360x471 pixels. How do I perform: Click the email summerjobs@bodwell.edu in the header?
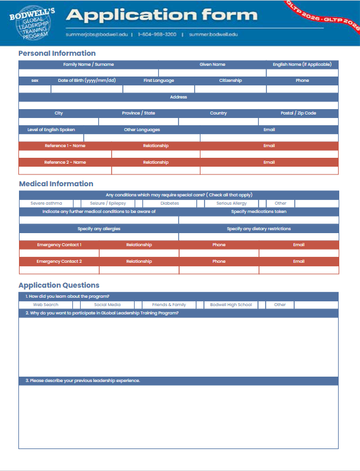pyautogui.click(x=96, y=34)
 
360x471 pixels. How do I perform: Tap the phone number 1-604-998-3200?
pyautogui.click(x=157, y=34)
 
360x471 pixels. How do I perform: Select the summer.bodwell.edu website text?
pyautogui.click(x=214, y=34)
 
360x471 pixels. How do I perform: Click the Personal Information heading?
pyautogui.click(x=57, y=53)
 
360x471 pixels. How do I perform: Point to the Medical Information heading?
pyautogui.click(x=56, y=184)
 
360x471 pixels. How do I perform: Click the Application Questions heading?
pyautogui.click(x=59, y=285)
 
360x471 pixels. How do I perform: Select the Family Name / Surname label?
pyautogui.click(x=88, y=64)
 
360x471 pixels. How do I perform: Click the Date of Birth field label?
pyautogui.click(x=87, y=81)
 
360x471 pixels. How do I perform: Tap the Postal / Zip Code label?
pyautogui.click(x=298, y=113)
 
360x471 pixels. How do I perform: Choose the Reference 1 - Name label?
pyautogui.click(x=65, y=146)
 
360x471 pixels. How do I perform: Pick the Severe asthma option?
pyautogui.click(x=46, y=203)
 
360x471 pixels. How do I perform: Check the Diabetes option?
pyautogui.click(x=170, y=203)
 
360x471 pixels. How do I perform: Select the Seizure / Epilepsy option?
pyautogui.click(x=108, y=203)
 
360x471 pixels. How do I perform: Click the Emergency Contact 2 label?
pyautogui.click(x=59, y=261)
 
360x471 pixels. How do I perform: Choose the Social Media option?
pyautogui.click(x=107, y=305)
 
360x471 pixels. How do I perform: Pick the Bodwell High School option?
pyautogui.click(x=231, y=305)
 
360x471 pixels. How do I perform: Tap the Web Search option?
pyautogui.click(x=46, y=305)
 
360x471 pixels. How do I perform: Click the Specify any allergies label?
pyautogui.click(x=99, y=228)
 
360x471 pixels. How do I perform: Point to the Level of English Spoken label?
pyautogui.click(x=51, y=129)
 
